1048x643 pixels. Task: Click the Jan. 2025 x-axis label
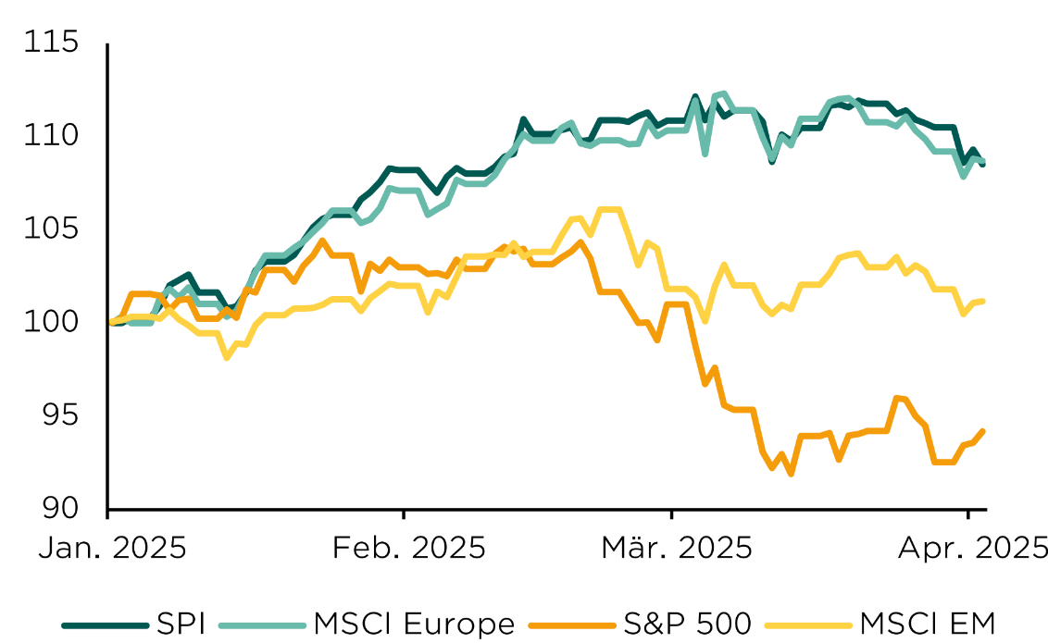point(112,548)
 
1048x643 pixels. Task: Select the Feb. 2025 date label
point(409,548)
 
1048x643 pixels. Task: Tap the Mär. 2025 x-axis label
point(677,548)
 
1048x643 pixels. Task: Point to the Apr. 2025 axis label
point(973,548)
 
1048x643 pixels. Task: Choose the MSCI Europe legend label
point(414,624)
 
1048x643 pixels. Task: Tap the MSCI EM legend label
point(929,624)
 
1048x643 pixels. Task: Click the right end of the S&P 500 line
point(982,431)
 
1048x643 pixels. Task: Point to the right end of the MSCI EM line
point(982,301)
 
